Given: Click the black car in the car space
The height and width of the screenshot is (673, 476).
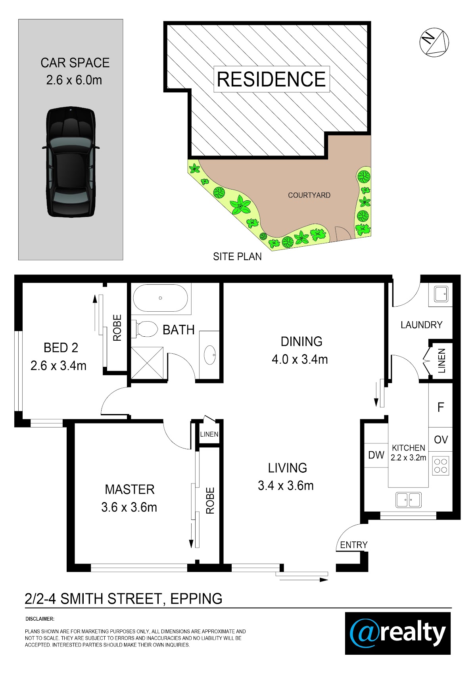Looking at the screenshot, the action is point(71,162).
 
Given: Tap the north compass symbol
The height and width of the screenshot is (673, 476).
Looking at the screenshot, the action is point(434,42).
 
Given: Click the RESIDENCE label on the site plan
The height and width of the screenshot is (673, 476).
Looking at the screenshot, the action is point(271,79).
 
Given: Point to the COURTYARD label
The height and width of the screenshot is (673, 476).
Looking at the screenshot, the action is point(309,195).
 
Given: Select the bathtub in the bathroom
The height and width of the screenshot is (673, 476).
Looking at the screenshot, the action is point(161,298).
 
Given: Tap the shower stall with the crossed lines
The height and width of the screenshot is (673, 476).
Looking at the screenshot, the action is point(147,363).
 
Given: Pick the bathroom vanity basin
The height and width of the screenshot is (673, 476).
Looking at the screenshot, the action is point(210,355).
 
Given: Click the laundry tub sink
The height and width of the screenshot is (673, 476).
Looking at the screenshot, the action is point(441,294).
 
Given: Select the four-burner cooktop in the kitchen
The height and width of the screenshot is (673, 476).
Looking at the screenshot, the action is point(441,466).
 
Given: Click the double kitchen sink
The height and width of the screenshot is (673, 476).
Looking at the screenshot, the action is point(409,500).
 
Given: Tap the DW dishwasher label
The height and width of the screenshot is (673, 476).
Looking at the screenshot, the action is point(376,455).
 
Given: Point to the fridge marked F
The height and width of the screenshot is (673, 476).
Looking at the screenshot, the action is point(441,407).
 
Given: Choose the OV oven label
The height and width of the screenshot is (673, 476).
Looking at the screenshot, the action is point(441,440).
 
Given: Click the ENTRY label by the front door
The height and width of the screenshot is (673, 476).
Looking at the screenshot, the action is point(354,545).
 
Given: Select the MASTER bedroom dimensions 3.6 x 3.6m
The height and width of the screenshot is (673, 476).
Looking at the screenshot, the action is point(129,508).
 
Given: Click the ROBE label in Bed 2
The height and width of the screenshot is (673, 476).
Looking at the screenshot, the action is point(117,328).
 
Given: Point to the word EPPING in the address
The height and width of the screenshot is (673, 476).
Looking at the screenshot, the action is point(196,599).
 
